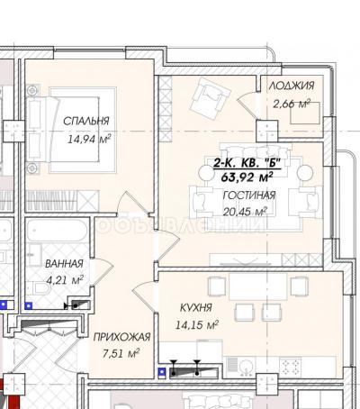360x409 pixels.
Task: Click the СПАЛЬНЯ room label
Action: [x=86, y=120]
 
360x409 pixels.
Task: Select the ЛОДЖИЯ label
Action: [x=290, y=86]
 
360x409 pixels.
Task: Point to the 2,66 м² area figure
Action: [x=290, y=105]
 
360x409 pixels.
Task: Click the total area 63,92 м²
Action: [x=245, y=177]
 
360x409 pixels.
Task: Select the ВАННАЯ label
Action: [x=64, y=263]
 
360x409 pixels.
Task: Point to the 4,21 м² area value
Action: [x=64, y=280]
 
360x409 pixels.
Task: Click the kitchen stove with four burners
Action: [x=293, y=365]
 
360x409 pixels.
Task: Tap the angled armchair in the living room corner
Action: [x=214, y=91]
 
